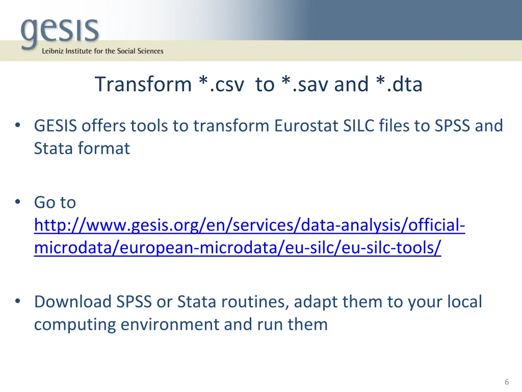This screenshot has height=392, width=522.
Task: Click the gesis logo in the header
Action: [x=60, y=31]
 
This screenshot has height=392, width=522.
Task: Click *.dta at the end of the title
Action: [x=400, y=84]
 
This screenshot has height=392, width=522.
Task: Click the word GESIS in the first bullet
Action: [x=55, y=126]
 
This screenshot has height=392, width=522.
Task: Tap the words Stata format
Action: [x=82, y=149]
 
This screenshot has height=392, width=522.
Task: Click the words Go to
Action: [x=55, y=203]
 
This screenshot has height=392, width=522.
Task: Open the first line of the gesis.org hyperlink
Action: [x=249, y=225]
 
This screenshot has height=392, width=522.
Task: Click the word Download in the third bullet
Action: [x=72, y=302]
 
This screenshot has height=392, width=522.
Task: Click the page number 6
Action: [x=506, y=382]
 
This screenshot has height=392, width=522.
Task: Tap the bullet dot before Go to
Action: [x=18, y=203]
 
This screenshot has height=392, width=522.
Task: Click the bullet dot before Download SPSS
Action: [x=18, y=302]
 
